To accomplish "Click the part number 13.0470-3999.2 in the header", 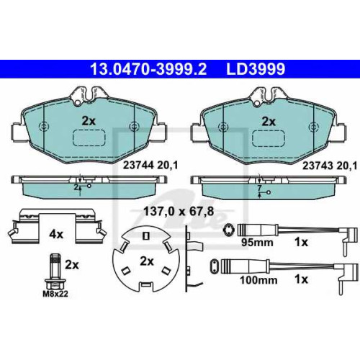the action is click(148, 68).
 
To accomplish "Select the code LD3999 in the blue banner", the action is click(256, 68).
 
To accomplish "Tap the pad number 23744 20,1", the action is click(150, 165).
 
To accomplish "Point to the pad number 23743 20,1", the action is click(330, 166).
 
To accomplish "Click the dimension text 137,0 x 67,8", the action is click(179, 212).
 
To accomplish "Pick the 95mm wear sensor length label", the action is click(257, 243).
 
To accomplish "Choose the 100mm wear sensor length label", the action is click(258, 280).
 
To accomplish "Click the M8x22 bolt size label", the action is click(55, 294).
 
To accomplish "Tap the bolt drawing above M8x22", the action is click(55, 271).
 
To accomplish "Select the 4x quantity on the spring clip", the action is click(56, 234).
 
